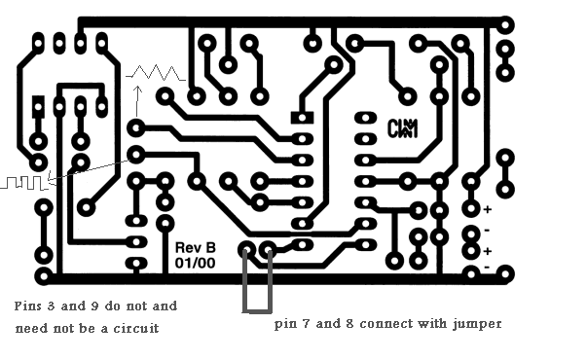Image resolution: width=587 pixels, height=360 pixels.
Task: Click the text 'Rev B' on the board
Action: coord(196,248)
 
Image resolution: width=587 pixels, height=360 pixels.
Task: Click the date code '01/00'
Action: coord(195,263)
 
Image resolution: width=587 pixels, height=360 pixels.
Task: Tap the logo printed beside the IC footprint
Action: coord(402,128)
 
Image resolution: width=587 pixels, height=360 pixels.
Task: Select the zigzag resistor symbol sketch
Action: coord(156,73)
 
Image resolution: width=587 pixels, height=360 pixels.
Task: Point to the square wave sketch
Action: coord(24,183)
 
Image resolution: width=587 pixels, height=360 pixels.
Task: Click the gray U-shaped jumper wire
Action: coord(257,310)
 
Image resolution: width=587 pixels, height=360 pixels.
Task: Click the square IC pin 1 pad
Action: coord(302,118)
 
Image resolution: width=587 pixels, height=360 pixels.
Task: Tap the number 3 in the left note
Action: coord(51,306)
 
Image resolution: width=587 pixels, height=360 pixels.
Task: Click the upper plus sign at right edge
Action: coord(488,209)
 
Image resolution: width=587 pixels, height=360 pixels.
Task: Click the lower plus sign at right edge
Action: coord(488,251)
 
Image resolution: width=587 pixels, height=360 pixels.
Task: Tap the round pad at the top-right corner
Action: coord(505,25)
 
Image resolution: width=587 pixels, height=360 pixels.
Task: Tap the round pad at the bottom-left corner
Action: coord(44,276)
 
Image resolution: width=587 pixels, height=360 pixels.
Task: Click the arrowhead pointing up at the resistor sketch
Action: coord(138,90)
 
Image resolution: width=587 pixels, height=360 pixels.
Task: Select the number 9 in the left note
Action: coord(94,306)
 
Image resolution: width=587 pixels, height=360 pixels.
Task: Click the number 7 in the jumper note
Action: coord(306,323)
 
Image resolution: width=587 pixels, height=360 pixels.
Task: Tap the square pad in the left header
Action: coord(38,107)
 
